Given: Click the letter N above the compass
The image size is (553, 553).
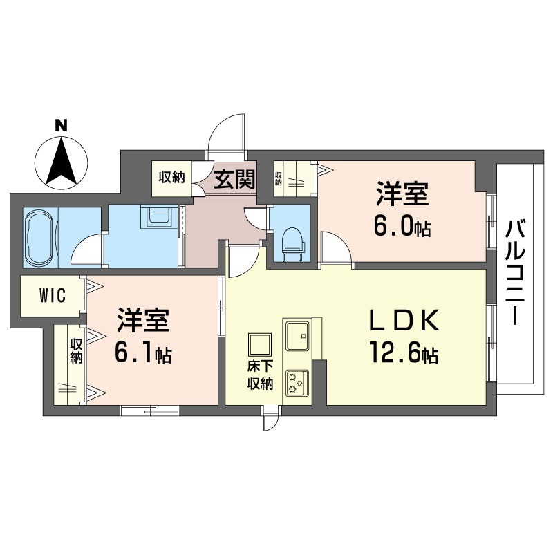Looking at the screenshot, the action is [x=62, y=126].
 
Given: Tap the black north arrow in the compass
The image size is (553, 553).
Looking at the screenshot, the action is [x=62, y=161].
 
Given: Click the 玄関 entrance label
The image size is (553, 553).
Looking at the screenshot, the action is [x=234, y=179].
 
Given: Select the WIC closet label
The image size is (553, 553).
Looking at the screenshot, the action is [x=53, y=295].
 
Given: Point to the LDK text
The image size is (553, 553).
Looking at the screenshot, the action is [x=404, y=320].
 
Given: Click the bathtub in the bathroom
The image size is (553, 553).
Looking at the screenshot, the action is [x=41, y=237].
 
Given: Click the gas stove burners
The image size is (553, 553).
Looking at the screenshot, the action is [x=297, y=383].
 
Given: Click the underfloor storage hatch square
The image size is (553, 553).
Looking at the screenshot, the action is [x=260, y=345].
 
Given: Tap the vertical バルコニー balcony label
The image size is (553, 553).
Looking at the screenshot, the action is [x=516, y=272].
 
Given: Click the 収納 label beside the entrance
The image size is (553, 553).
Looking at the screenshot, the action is [x=171, y=177].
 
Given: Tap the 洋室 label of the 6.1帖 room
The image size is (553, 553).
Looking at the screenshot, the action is [x=144, y=320].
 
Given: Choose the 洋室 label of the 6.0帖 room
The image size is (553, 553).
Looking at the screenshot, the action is [x=402, y=194].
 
